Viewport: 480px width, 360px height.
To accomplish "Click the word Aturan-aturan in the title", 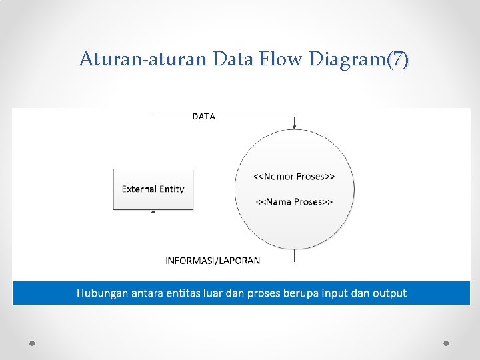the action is [x=143, y=60].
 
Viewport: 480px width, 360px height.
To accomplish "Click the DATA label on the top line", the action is [x=204, y=116].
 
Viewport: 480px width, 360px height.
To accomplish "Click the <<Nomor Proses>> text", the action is [x=294, y=177].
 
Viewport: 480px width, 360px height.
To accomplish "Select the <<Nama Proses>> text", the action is [x=294, y=201].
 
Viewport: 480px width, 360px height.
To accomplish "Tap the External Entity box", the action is [x=153, y=189].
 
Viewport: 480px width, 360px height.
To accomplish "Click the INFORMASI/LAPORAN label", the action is [x=213, y=261].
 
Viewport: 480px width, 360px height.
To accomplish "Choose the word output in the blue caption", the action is [x=390, y=293].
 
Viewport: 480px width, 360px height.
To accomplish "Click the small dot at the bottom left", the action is [x=32, y=343].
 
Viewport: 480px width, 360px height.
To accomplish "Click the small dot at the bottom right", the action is [x=446, y=343].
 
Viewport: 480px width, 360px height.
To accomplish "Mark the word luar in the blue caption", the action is [x=225, y=293].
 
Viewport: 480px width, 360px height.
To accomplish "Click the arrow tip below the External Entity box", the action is [x=153, y=213].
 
